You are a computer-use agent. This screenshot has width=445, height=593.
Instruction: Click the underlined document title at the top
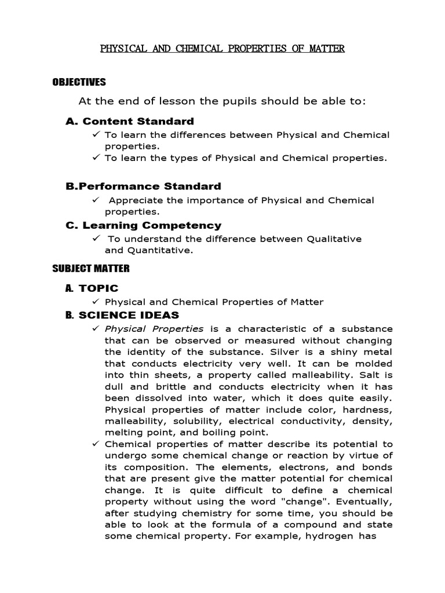(222, 49)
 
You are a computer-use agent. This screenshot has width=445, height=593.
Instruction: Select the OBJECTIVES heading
(79, 82)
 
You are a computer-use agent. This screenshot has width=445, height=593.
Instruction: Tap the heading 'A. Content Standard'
(130, 121)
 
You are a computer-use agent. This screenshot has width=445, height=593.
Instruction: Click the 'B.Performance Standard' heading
(143, 186)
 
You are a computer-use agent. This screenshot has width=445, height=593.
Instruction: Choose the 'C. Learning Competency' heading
(143, 225)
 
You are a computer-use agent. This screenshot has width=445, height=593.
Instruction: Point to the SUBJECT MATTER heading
(91, 268)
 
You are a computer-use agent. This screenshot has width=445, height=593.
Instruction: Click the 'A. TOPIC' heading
(92, 288)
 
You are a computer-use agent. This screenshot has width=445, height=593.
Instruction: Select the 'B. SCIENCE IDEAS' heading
(122, 315)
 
